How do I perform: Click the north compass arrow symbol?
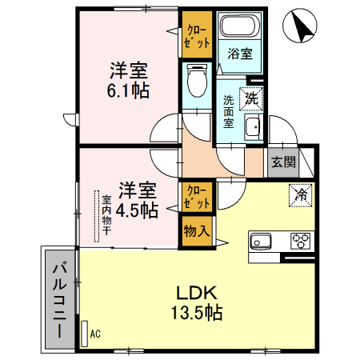pyautogui.click(x=302, y=26)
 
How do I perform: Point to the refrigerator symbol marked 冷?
pyautogui.click(x=299, y=194)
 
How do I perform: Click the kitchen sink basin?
pyautogui.click(x=262, y=240)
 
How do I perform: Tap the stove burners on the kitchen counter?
pyautogui.click(x=301, y=240)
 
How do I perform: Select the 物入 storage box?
pyautogui.click(x=195, y=232)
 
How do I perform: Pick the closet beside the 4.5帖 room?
pyautogui.click(x=195, y=197)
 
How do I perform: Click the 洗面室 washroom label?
pyautogui.click(x=229, y=113)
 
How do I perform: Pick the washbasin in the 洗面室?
pyautogui.click(x=252, y=128)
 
